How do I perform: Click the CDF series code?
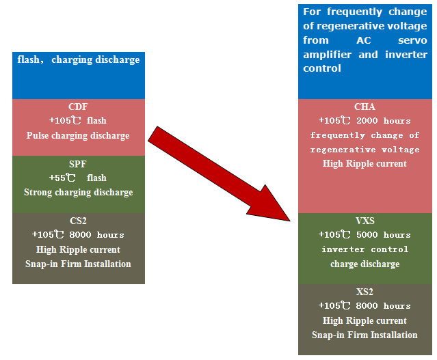(78, 107)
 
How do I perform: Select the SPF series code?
(78, 164)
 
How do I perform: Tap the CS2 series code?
(78, 221)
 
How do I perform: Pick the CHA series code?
(365, 107)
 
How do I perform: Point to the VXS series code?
(365, 221)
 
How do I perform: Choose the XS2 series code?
(365, 292)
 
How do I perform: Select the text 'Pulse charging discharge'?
(78, 135)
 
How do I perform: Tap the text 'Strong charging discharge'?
(78, 192)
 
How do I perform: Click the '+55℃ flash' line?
(78, 178)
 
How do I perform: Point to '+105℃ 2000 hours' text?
(365, 121)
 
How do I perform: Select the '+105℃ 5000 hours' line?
(365, 235)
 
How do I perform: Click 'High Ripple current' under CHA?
(365, 163)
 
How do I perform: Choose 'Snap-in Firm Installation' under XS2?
(365, 335)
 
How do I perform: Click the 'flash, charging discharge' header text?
(78, 59)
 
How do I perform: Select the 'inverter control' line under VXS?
(365, 249)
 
